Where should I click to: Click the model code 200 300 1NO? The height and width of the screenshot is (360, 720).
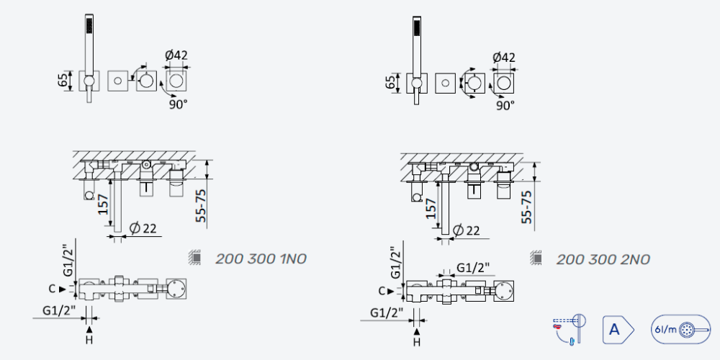pyautogui.click(x=261, y=259)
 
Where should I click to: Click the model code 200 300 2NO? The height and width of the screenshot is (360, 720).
pyautogui.click(x=603, y=259)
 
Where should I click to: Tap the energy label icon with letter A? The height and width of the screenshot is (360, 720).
pyautogui.click(x=618, y=329)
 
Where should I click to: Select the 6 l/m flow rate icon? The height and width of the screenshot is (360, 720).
pyautogui.click(x=680, y=329)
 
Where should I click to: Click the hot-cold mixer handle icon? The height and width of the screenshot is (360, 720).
pyautogui.click(x=570, y=329)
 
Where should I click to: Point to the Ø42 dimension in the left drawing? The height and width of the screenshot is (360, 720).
pyautogui.click(x=176, y=55)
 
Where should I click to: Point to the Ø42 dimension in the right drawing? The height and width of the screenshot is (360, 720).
pyautogui.click(x=504, y=58)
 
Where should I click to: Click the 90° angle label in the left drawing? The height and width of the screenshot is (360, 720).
pyautogui.click(x=178, y=104)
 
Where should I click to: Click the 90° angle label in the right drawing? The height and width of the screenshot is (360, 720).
pyautogui.click(x=505, y=106)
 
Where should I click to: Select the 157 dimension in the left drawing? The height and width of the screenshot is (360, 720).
pyautogui.click(x=104, y=204)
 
